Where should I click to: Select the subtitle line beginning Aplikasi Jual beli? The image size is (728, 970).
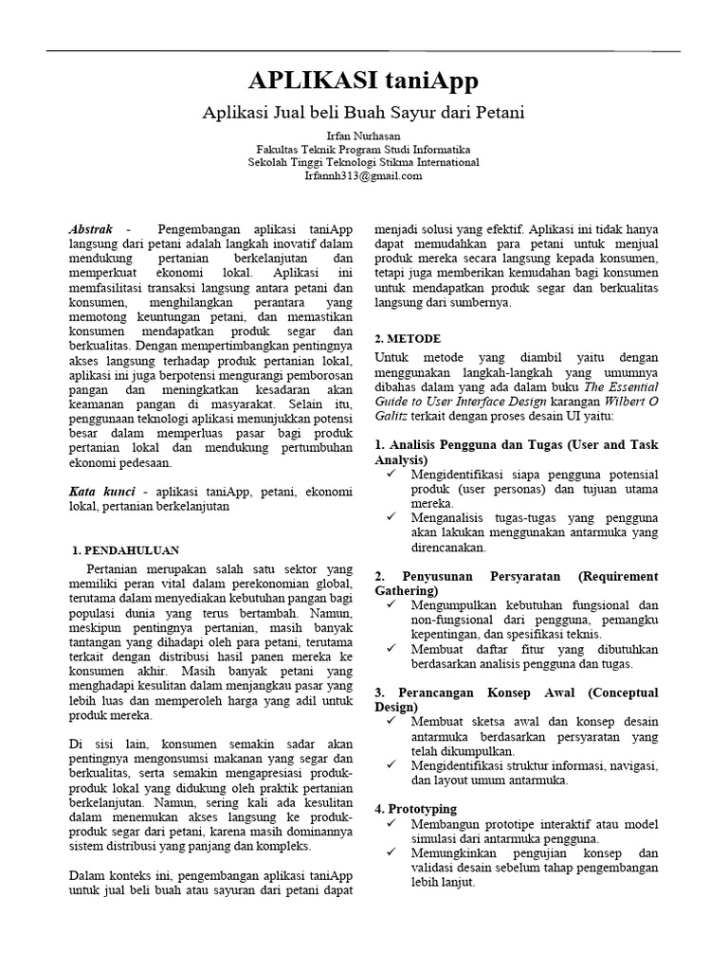pyautogui.click(x=364, y=112)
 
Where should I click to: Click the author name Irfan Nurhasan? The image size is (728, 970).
pyautogui.click(x=364, y=136)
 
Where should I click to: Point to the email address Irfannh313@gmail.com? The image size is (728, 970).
pyautogui.click(x=363, y=175)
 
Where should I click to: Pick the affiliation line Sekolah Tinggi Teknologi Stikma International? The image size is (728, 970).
pyautogui.click(x=364, y=162)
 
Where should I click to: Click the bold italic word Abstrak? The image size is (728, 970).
pyautogui.click(x=92, y=230)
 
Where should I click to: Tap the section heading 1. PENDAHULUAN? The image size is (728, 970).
pyautogui.click(x=126, y=549)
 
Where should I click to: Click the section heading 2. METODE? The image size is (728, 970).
pyautogui.click(x=408, y=338)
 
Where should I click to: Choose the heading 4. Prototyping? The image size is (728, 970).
pyautogui.click(x=416, y=809)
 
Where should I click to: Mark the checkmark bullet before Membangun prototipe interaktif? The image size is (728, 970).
pyautogui.click(x=391, y=824)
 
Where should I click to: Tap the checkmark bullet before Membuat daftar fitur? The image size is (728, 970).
pyautogui.click(x=391, y=649)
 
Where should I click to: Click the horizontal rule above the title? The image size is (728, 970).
pyautogui.click(x=364, y=50)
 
